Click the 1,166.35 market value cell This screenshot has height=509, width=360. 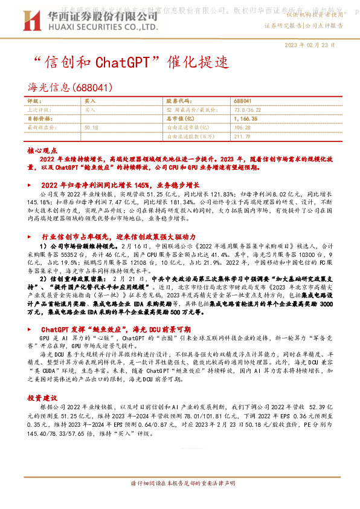click(x=245, y=119)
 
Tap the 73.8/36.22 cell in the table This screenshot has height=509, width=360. click(x=245, y=110)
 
